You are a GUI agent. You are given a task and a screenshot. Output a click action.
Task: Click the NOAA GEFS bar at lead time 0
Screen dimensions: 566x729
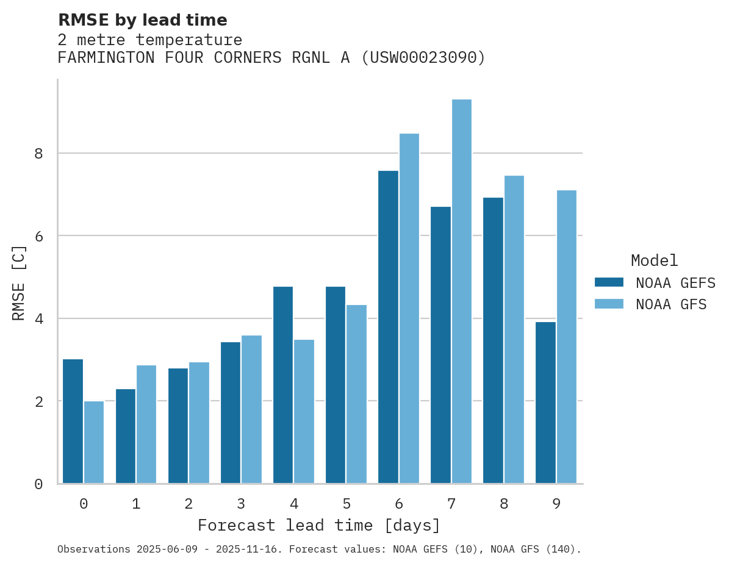(x=73, y=421)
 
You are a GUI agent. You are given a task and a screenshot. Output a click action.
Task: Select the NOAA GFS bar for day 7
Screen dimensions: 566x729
(x=462, y=292)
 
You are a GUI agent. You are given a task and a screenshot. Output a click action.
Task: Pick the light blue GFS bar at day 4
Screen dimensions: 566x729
(x=304, y=412)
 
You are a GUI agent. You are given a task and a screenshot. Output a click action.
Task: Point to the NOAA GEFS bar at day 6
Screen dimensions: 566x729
(x=389, y=327)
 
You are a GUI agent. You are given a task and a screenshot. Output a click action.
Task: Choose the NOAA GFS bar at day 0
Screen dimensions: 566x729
(x=94, y=442)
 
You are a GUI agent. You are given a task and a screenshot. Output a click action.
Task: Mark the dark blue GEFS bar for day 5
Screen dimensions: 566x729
(x=336, y=385)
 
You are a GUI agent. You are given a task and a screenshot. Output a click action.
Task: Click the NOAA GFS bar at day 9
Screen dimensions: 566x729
(x=567, y=337)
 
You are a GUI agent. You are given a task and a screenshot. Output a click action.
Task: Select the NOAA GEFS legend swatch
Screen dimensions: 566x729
(x=609, y=282)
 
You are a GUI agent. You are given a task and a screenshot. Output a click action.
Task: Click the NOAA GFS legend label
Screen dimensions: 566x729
(x=671, y=304)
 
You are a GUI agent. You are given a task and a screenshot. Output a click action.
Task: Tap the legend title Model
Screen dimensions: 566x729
(x=654, y=261)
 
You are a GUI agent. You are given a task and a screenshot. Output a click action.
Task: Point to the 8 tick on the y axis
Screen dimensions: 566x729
(x=39, y=154)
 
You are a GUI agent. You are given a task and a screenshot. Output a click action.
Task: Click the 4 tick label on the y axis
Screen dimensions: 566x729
(x=39, y=319)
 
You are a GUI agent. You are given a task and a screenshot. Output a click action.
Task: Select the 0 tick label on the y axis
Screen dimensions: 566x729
(x=39, y=484)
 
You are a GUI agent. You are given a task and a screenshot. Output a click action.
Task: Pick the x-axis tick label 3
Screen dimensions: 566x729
(x=241, y=504)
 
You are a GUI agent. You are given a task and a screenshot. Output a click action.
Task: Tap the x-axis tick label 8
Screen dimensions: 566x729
(x=504, y=504)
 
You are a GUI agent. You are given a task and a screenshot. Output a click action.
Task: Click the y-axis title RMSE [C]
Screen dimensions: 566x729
(x=20, y=282)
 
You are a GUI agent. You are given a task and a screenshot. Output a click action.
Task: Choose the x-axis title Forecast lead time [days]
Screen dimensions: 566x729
(x=319, y=526)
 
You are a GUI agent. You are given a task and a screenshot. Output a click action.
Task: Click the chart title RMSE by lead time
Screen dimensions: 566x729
(x=143, y=21)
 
